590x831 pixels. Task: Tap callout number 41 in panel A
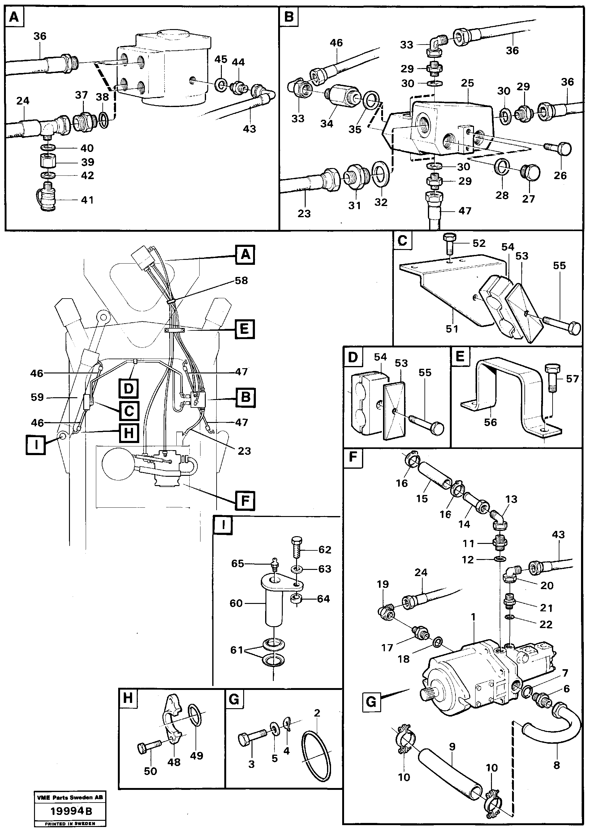(x=87, y=200)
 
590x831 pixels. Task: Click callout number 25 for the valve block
(x=467, y=83)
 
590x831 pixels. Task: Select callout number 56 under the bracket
(x=490, y=422)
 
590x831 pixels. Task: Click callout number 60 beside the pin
(x=236, y=603)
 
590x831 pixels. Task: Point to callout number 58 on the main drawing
(x=241, y=280)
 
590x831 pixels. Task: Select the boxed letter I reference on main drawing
(x=36, y=445)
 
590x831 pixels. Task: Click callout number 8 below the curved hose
(x=557, y=765)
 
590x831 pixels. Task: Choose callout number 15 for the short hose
(x=422, y=498)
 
